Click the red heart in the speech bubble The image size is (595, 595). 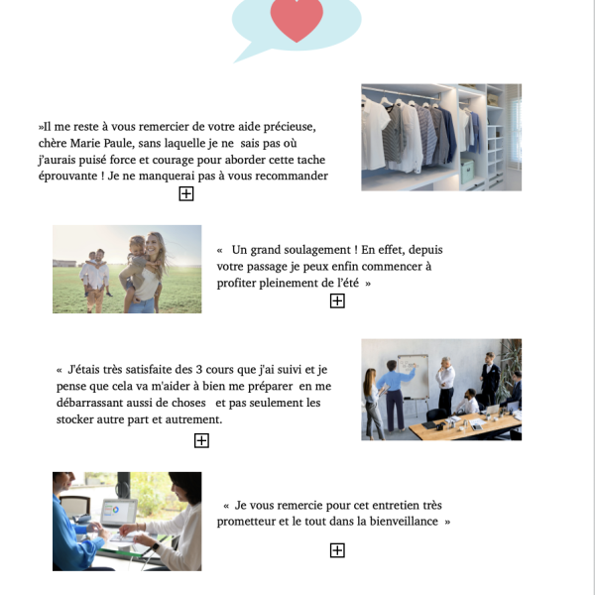pyautogui.click(x=297, y=19)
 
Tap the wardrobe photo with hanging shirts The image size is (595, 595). pyautogui.click(x=441, y=137)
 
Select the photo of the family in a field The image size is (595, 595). pyautogui.click(x=127, y=269)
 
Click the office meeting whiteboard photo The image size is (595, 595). pyautogui.click(x=441, y=390)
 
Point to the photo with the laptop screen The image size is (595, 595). pyautogui.click(x=127, y=521)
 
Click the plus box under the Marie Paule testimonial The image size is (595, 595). pyautogui.click(x=186, y=194)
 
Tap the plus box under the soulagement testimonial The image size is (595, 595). pyautogui.click(x=337, y=301)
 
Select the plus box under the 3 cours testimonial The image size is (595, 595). pyautogui.click(x=201, y=440)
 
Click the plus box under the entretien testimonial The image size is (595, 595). pyautogui.click(x=337, y=550)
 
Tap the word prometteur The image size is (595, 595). pyautogui.click(x=248, y=522)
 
